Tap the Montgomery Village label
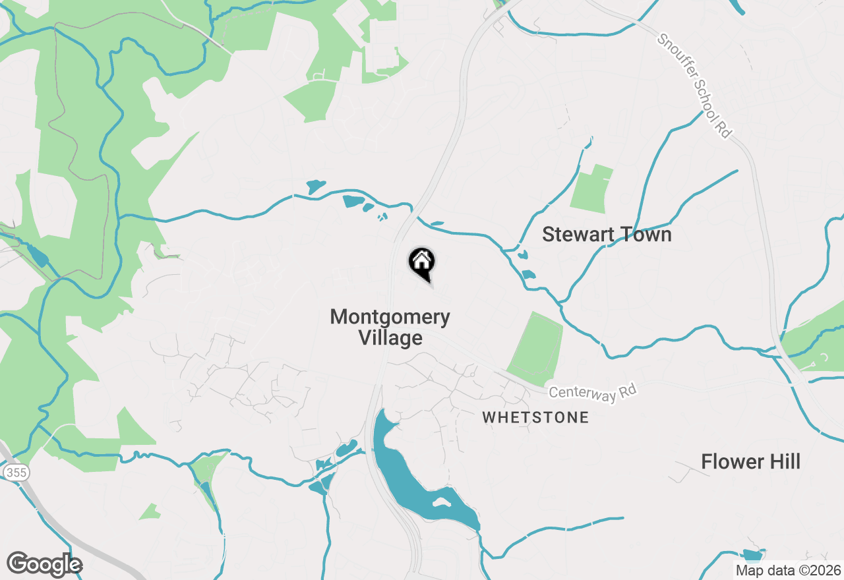390,328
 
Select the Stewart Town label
607,235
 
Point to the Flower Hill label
750,462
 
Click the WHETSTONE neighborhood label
535,417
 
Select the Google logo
44,564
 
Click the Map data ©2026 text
789,570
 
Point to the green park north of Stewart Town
591,190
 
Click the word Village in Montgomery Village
390,338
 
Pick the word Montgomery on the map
390,317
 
